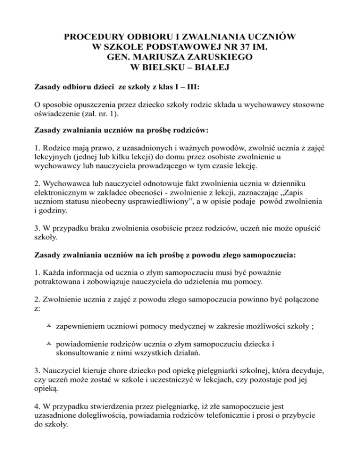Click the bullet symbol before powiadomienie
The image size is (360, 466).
click(49, 344)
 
